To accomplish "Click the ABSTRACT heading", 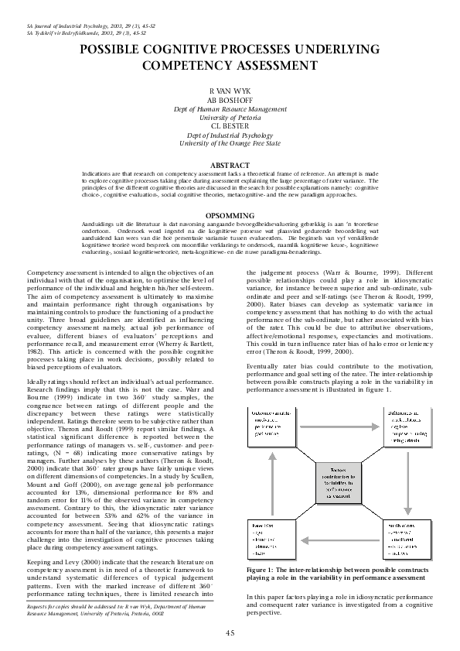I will click(230, 165).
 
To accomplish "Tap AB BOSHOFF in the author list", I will click(230, 100).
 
